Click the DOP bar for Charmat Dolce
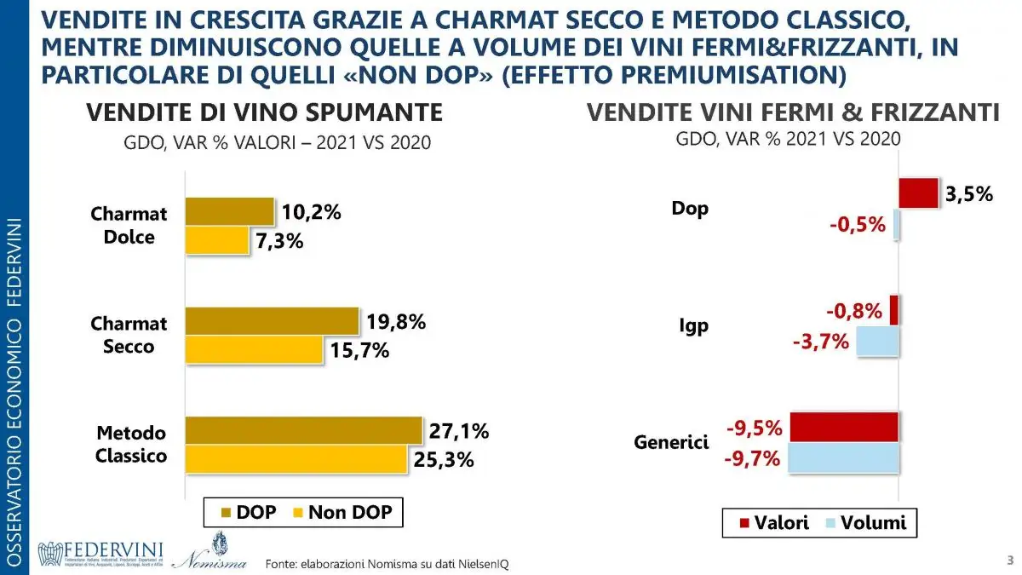point(228,212)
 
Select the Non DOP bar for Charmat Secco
point(253,349)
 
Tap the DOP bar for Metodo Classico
point(303,430)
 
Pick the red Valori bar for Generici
point(844,426)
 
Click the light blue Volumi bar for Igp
point(877,342)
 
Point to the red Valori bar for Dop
point(918,193)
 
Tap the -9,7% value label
point(752,458)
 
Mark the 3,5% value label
point(968,193)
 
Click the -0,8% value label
point(853,311)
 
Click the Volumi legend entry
point(868,522)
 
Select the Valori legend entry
point(772,522)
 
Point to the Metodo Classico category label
point(130,444)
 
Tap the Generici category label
point(671,443)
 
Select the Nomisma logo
point(210,552)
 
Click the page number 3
point(1009,561)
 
